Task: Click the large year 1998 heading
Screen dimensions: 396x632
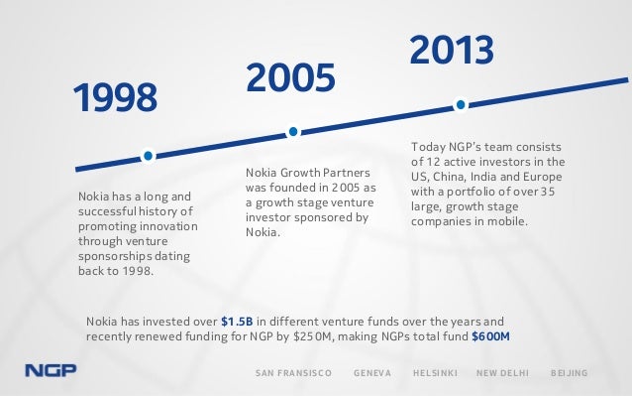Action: pos(116,97)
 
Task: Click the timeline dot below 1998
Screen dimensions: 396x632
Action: pos(148,155)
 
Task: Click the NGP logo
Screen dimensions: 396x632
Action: pos(51,373)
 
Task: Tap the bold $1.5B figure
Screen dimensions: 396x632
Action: pos(239,322)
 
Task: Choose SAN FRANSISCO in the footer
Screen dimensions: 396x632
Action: pos(294,373)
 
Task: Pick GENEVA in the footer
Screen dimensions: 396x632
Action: pos(372,373)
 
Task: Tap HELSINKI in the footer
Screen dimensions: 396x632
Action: pos(434,373)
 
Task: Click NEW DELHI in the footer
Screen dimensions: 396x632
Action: pos(502,373)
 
